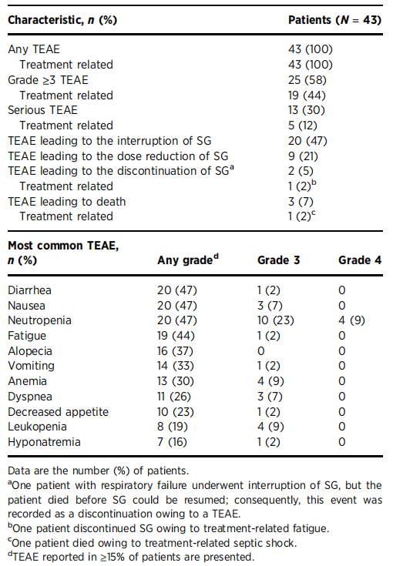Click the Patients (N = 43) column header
coord(334,20)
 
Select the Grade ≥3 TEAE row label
coord(48,80)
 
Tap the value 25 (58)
coord(307,80)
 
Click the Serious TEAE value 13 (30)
coord(307,110)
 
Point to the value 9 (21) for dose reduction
coord(303,156)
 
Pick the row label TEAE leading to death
coord(67,202)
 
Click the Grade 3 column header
coord(278,260)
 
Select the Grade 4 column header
coord(360,260)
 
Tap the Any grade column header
coord(188,260)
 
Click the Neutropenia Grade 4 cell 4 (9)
coord(351,320)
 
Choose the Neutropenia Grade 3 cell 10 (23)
coord(276,320)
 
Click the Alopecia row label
coord(30,351)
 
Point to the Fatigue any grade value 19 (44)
coord(176,336)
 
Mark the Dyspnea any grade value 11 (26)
coord(173,397)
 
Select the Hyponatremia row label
coord(44,442)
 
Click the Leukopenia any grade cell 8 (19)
coord(173,427)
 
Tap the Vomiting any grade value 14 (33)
coord(176,366)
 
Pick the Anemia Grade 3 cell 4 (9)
coord(270,381)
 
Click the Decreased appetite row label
coord(58,412)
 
